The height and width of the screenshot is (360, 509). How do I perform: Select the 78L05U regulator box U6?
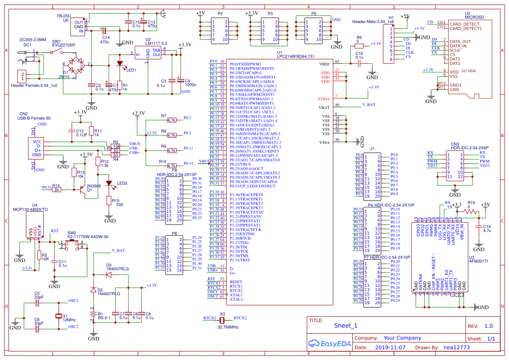click(78, 27)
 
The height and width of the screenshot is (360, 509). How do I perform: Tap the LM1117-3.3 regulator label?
click(156, 44)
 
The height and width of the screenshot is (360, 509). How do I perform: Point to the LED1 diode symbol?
click(120, 63)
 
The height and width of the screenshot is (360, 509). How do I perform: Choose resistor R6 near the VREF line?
click(358, 46)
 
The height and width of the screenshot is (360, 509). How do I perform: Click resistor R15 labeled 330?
click(108, 200)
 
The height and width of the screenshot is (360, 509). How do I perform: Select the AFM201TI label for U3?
click(478, 262)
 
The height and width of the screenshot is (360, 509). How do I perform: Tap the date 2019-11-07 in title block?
click(390, 348)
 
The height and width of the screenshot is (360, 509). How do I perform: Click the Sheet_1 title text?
click(345, 326)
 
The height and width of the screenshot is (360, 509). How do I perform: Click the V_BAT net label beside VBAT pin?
click(368, 105)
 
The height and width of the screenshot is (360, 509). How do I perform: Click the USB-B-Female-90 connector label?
click(37, 118)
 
